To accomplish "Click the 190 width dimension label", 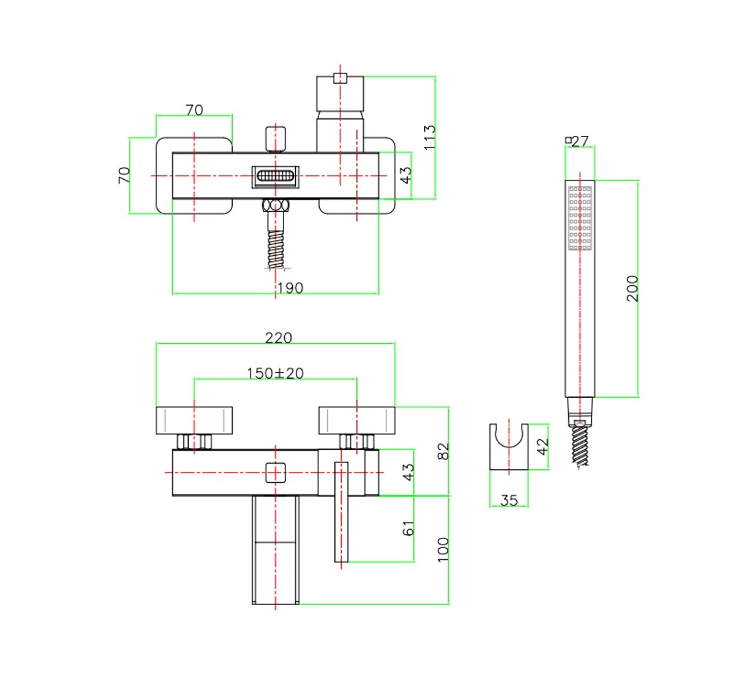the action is pyautogui.click(x=290, y=288).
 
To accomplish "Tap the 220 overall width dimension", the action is pyautogui.click(x=278, y=338).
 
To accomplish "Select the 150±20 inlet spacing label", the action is pyautogui.click(x=275, y=373).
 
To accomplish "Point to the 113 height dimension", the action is pyautogui.click(x=430, y=137).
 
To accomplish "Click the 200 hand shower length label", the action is pyautogui.click(x=632, y=288).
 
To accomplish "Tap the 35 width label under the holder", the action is pyautogui.click(x=509, y=500).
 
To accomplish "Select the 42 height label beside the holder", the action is pyautogui.click(x=543, y=447).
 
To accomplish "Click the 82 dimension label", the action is pyautogui.click(x=443, y=451).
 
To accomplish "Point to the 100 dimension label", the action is pyautogui.click(x=443, y=549).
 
